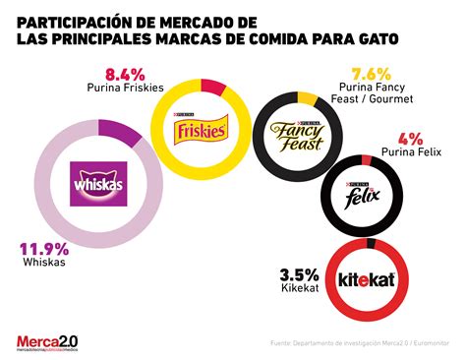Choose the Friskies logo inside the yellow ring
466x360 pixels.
click(x=199, y=126)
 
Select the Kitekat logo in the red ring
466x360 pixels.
click(x=367, y=276)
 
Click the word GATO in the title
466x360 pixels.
click(x=377, y=38)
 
